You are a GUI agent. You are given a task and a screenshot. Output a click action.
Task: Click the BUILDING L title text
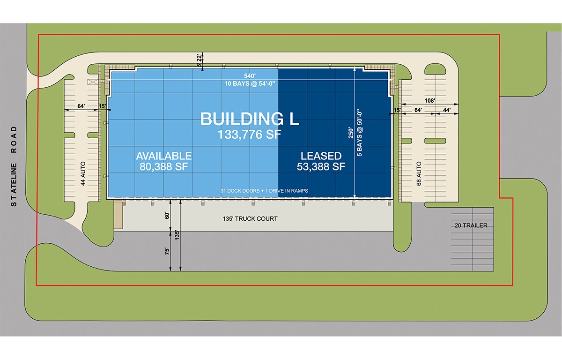(x=250, y=119)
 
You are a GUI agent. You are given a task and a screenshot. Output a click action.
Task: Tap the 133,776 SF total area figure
(x=250, y=135)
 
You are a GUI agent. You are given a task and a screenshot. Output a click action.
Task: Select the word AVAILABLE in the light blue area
(x=163, y=156)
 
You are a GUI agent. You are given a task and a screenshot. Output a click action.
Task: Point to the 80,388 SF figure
(x=163, y=166)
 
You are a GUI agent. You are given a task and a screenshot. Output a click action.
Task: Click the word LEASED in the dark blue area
(x=321, y=156)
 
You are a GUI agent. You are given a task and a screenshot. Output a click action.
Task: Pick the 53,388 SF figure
(x=321, y=166)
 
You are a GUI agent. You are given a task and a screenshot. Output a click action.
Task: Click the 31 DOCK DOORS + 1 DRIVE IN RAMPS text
(x=265, y=191)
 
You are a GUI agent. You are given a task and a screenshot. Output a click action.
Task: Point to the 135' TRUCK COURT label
(x=250, y=218)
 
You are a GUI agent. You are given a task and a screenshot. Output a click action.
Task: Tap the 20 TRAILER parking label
(x=471, y=225)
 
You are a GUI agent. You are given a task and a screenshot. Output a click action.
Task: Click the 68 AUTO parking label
(x=419, y=173)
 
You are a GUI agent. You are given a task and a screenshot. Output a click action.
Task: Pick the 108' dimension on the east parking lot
(x=430, y=100)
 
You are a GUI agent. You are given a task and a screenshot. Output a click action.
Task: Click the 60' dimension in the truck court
(x=166, y=216)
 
